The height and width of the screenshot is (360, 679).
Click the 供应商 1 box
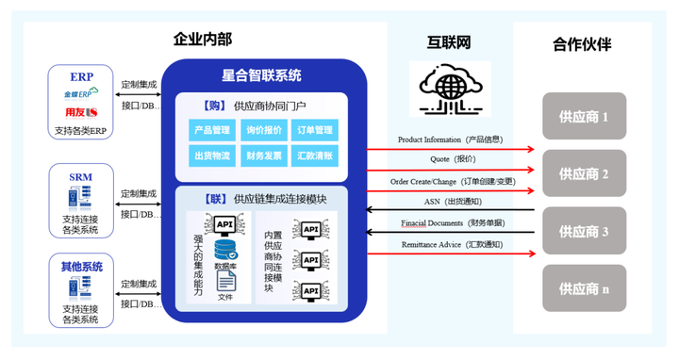point(584,117)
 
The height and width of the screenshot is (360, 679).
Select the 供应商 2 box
point(584,173)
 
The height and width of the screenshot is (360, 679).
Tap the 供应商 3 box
point(584,231)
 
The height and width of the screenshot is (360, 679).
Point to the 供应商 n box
point(584,288)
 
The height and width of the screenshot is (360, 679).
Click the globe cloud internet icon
point(450,90)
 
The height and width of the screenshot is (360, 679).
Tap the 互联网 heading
point(449,43)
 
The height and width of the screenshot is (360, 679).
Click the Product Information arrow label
point(449,139)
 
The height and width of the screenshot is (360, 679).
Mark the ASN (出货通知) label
point(449,201)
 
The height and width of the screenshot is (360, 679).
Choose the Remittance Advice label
point(449,244)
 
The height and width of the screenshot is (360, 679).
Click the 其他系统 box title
point(80,265)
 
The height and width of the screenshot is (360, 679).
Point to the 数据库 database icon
point(224,250)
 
